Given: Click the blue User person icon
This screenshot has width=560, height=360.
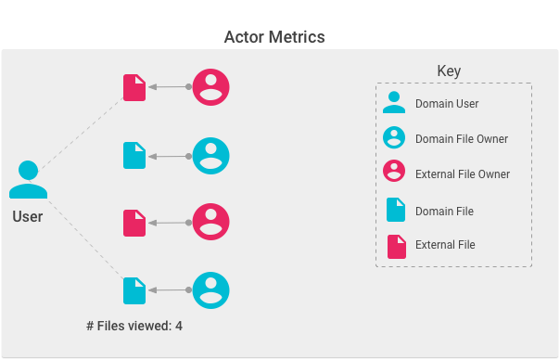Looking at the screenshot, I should (x=28, y=181).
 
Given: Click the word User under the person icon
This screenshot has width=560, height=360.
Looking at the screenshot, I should (x=28, y=217).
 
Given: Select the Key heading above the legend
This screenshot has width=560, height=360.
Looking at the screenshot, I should (x=449, y=71).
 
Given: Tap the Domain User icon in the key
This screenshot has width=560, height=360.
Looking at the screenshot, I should (x=394, y=103).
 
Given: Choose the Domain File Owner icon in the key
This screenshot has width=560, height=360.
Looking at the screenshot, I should (x=394, y=138).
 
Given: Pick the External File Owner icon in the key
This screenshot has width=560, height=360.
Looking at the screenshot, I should (x=394, y=173).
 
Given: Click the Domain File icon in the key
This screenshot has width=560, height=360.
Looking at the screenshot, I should (x=396, y=211).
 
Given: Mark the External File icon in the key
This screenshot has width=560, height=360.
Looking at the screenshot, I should (x=396, y=245).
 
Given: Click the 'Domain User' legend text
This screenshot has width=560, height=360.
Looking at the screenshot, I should (x=447, y=104).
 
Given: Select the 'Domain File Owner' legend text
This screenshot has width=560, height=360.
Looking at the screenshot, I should (x=461, y=139).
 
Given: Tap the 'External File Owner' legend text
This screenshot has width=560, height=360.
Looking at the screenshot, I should (x=463, y=174).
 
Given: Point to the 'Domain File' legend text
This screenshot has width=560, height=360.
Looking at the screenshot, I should (x=444, y=212).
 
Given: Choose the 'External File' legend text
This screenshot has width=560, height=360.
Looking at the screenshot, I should (x=445, y=245).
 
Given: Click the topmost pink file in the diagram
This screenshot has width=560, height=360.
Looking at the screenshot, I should (x=134, y=87).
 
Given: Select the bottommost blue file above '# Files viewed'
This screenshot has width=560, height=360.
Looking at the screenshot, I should (x=134, y=291).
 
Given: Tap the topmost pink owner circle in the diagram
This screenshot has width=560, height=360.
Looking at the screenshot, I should (x=210, y=87).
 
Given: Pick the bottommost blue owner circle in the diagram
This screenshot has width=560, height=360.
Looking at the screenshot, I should (x=210, y=291).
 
